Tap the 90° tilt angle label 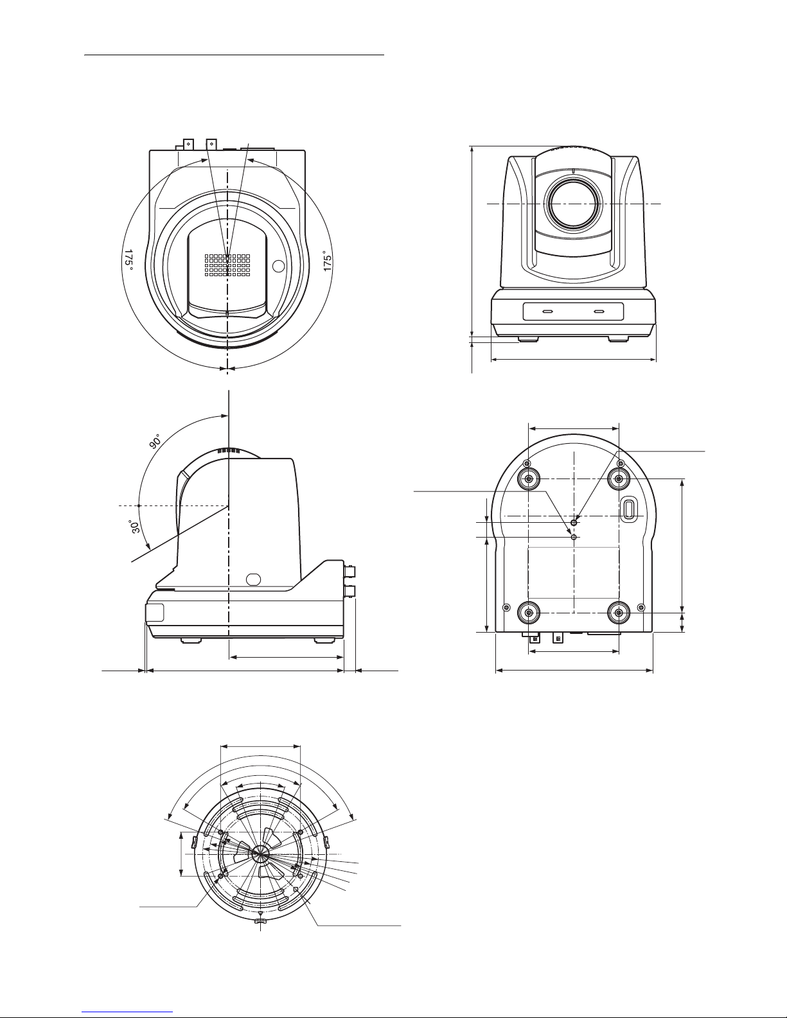pyautogui.click(x=155, y=441)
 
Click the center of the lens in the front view pyautogui.click(x=573, y=204)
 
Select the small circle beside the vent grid pyautogui.click(x=278, y=267)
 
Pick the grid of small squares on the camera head pyautogui.click(x=227, y=265)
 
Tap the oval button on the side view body pyautogui.click(x=253, y=579)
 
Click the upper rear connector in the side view pyautogui.click(x=349, y=572)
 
